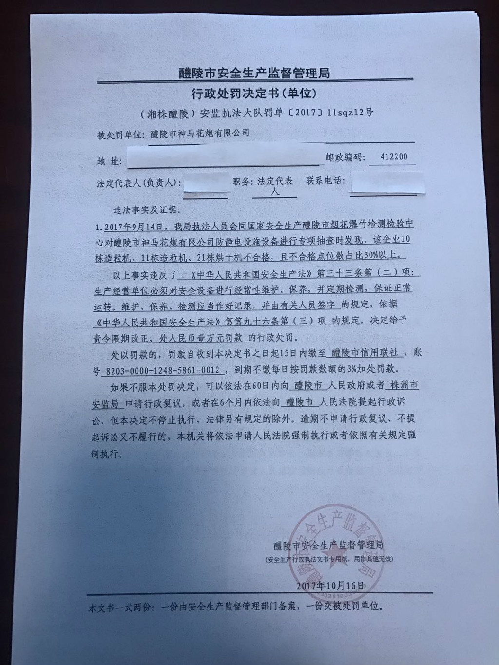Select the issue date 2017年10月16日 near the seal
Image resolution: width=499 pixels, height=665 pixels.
pos(330,585)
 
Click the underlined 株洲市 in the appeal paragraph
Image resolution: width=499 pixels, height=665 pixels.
pos(402,385)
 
